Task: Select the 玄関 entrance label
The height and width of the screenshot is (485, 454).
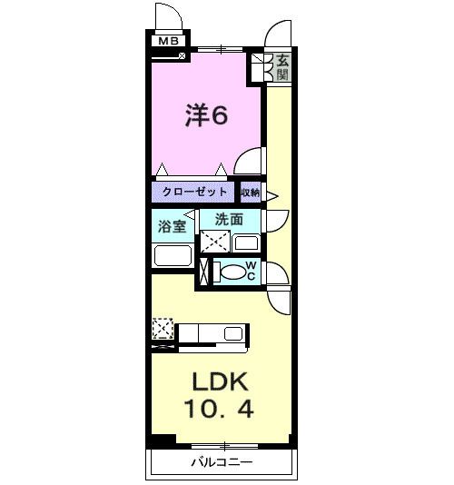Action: coord(283,66)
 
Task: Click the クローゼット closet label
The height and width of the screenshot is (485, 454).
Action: coord(194,193)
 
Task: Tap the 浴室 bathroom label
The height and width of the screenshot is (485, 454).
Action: coord(173,225)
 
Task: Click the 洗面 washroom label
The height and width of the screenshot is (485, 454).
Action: coord(229,219)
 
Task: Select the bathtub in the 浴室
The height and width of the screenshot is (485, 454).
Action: coord(172,255)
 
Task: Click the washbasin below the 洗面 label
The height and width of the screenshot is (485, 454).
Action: coord(245,242)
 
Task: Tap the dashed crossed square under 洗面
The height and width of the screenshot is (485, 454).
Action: coord(215,242)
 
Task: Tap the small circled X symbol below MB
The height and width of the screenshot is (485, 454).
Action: coord(183,55)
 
